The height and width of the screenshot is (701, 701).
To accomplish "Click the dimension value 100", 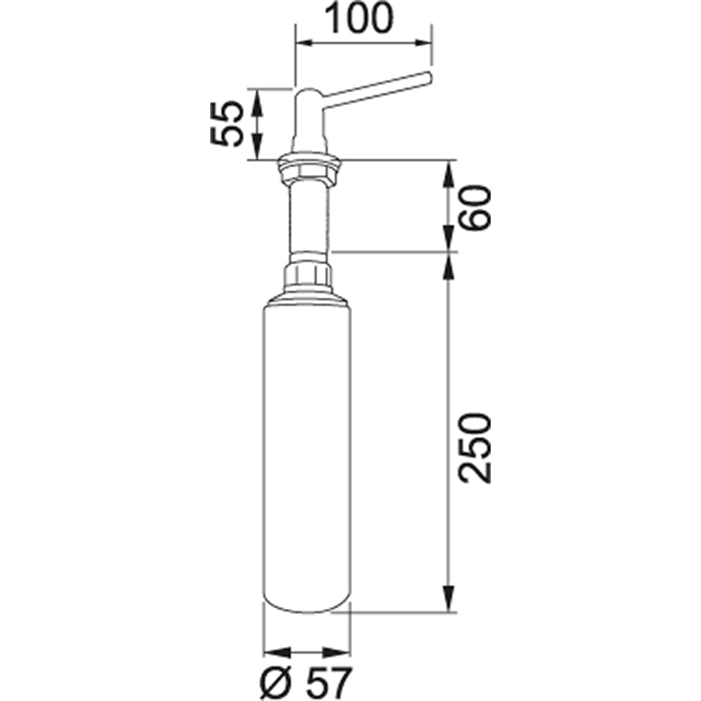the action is tap(358, 19).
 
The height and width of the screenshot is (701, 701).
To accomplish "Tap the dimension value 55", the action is tap(227, 123).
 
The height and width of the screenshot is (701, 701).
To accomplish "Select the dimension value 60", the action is tap(475, 208).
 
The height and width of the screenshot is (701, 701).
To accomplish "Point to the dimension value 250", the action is tap(475, 448).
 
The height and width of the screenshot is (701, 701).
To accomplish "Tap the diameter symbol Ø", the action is tap(276, 684).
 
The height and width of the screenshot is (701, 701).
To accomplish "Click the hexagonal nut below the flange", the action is tap(308, 172).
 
